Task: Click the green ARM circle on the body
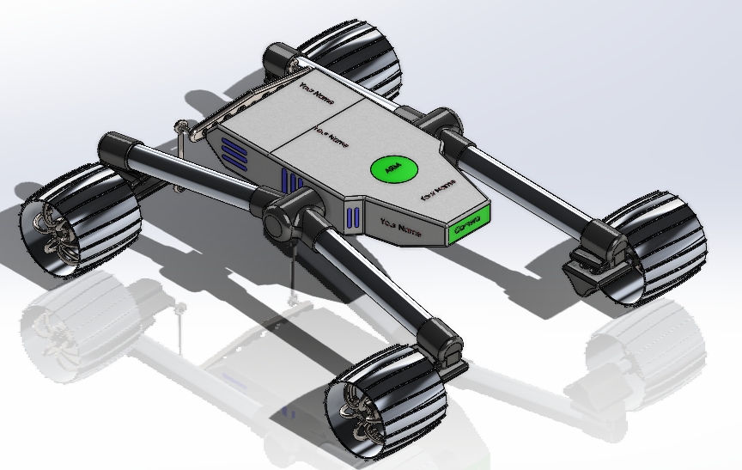point(392,170)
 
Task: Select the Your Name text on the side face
point(400,228)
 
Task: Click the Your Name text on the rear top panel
point(316,89)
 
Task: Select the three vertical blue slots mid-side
point(291,183)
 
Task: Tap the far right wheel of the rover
point(654,250)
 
